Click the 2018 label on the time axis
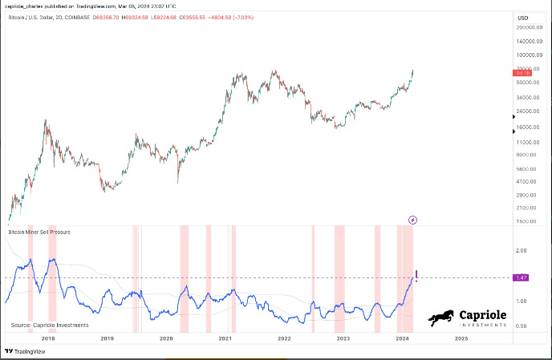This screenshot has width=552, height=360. (x=47, y=339)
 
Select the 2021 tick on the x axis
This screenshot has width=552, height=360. (x=225, y=339)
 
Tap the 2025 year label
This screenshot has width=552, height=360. (x=461, y=339)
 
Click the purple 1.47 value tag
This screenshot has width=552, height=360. (x=523, y=277)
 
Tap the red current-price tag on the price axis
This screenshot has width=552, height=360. (x=523, y=73)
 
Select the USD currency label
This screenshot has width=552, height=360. (x=524, y=17)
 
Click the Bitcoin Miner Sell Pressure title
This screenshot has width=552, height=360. (x=39, y=232)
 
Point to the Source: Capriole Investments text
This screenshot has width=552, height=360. (x=50, y=326)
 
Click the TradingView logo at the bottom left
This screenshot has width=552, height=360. (x=25, y=351)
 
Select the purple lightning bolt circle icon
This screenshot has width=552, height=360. (x=412, y=219)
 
